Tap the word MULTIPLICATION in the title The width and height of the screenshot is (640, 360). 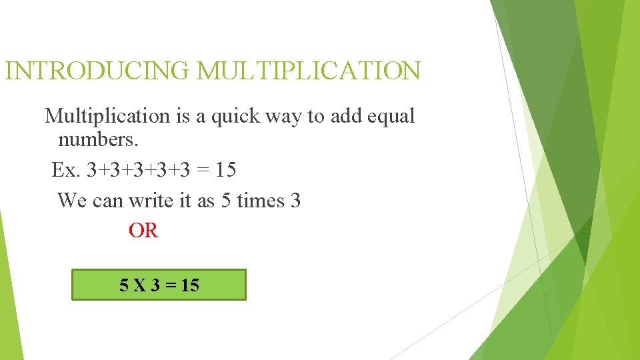tap(309, 71)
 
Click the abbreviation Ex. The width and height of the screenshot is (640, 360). tap(65, 170)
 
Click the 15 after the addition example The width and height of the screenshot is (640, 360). tap(225, 170)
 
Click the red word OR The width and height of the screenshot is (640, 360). tap(143, 231)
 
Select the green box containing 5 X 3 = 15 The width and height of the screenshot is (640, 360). tap(159, 285)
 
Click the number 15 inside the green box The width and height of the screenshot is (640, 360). tap(189, 286)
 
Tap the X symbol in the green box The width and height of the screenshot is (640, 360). tap(140, 286)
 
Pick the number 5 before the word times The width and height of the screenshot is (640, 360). tap(225, 200)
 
